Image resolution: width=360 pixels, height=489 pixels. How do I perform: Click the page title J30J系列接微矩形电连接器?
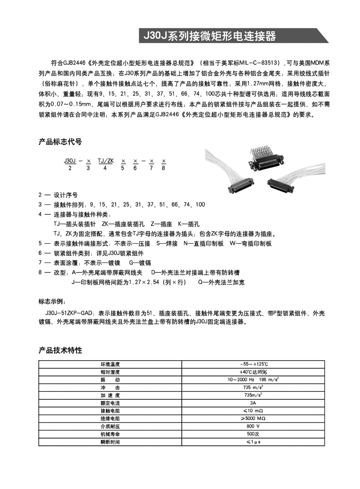(x=209, y=36)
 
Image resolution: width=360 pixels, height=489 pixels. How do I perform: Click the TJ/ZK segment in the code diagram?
(x=105, y=160)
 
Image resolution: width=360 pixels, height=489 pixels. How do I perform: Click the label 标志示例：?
(x=52, y=301)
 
